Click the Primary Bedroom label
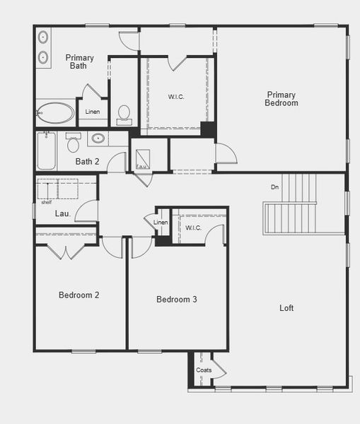coord(281,99)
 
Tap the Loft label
coord(286,308)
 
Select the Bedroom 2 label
coord(79,295)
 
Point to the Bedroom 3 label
coord(176,300)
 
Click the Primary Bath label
coord(79,61)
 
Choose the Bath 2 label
coord(88,162)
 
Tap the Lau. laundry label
coord(63,213)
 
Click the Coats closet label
coord(204,370)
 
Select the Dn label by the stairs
coord(275,187)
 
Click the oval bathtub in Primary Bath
coord(54,113)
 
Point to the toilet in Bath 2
coord(73,144)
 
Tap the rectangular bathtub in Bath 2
coord(46,151)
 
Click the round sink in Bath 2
coord(98,139)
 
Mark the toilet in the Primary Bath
coord(124,115)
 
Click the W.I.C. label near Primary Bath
coord(176,97)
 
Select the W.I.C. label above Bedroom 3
coord(194,228)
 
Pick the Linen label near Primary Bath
coord(93,112)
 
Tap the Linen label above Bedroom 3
coord(161,223)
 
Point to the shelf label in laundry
coord(46,202)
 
